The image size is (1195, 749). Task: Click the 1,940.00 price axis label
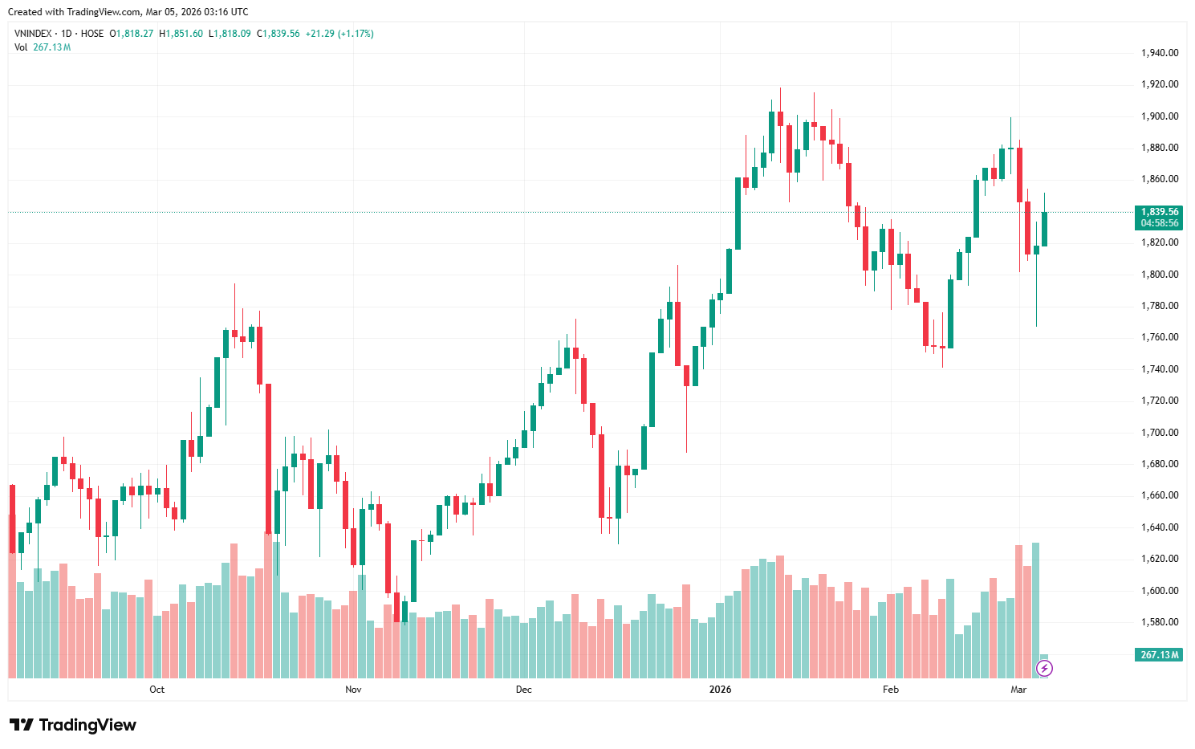coord(1159,53)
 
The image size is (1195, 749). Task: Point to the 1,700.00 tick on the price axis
coord(1159,433)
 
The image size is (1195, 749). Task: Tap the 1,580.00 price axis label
coord(1159,622)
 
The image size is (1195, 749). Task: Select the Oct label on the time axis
coord(157,690)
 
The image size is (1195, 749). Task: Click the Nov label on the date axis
coord(353,690)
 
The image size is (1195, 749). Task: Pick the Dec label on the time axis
coord(524,690)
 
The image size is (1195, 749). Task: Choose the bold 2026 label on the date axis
coord(721,690)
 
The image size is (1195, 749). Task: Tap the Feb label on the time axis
coord(890,690)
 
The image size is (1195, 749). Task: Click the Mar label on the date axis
coord(1018,690)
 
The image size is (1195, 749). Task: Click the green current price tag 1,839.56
coord(1159,212)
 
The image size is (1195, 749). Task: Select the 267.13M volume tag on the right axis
coord(1159,655)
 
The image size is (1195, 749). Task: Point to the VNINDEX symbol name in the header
coord(33,34)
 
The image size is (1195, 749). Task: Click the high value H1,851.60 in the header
coord(181,34)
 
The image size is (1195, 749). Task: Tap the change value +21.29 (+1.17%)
coord(339,34)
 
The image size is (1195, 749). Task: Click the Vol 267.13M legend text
coord(43,47)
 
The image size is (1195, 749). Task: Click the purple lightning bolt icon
coord(1044,668)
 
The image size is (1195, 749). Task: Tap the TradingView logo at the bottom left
coord(73,725)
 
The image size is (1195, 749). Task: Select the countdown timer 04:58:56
coord(1159,223)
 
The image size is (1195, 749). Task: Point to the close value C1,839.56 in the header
coord(278,34)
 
